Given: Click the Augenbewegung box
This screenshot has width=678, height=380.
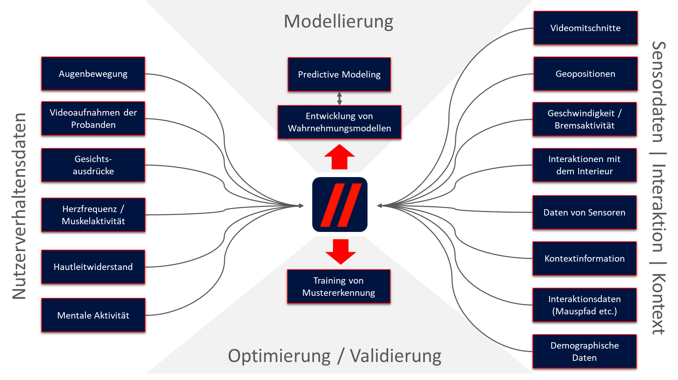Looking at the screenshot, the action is (x=93, y=74).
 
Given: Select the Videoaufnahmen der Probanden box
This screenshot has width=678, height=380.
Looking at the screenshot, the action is (x=93, y=118).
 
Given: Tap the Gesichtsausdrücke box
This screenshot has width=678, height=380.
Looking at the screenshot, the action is (x=93, y=165).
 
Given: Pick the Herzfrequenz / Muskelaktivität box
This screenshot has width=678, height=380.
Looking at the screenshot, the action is (x=93, y=215).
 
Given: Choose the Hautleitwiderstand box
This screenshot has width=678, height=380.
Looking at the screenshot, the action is (x=93, y=267).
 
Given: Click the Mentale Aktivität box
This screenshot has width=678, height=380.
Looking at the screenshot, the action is (x=93, y=315).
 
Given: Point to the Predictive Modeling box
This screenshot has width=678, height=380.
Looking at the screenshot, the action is (x=339, y=74).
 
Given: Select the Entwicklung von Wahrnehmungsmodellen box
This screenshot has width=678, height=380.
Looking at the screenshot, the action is (x=339, y=122).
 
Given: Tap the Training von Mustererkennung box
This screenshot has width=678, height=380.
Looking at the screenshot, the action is (x=338, y=286).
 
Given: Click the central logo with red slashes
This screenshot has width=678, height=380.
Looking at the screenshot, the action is (x=340, y=205).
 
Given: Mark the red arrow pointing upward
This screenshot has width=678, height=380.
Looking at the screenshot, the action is (x=340, y=157).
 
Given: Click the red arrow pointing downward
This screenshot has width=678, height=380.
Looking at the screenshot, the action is (x=341, y=252).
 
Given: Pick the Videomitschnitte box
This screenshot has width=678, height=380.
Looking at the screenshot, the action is (x=585, y=28).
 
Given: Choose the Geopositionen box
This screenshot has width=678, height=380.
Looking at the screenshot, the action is (x=585, y=74).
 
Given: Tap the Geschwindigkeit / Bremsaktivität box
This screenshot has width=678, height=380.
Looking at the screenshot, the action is (x=585, y=119).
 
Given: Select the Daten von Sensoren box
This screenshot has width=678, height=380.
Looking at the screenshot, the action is (x=585, y=212).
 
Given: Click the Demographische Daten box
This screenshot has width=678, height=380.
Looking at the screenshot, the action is (x=585, y=351).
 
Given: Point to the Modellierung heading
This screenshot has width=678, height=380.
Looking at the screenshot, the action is (x=338, y=22).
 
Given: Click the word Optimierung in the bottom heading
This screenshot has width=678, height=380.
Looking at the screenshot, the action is (x=279, y=356).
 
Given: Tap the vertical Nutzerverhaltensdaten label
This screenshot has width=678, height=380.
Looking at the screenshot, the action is (x=19, y=206).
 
